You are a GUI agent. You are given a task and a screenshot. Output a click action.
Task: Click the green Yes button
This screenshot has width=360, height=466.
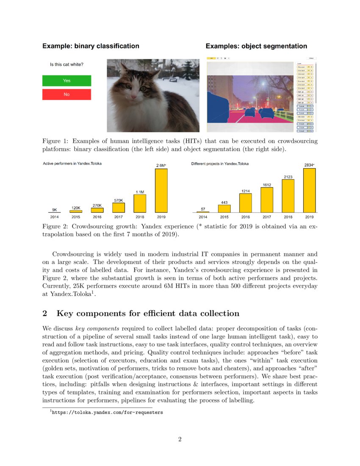pos(66,80)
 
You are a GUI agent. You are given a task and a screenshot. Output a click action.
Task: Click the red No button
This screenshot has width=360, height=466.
pos(66,94)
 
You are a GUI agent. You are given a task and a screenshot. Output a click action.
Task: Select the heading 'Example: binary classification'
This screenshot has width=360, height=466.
pos(91,46)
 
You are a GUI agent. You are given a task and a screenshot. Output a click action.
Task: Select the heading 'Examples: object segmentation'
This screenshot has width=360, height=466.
pos(256,46)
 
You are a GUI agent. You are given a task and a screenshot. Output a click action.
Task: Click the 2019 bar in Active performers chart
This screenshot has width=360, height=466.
pos(161,190)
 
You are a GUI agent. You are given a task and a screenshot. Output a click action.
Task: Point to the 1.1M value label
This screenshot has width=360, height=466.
pos(140,192)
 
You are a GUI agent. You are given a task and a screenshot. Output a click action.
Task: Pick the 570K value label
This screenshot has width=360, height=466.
pos(119,200)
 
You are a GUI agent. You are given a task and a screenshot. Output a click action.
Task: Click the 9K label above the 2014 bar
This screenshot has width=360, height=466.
pos(55,209)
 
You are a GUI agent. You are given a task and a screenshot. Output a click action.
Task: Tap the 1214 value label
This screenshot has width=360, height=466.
pos(246,191)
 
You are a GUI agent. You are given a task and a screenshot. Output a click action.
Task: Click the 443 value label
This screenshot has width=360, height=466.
pos(224,202)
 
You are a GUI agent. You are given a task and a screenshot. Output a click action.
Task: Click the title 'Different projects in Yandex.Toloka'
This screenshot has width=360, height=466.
pos(220,164)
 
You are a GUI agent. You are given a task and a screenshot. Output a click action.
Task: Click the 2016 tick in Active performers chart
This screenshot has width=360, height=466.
pos(97,216)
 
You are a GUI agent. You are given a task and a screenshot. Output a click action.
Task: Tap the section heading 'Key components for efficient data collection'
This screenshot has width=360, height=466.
pos(148,313)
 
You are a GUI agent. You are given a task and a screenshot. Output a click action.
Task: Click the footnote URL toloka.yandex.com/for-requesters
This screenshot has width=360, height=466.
pos(107,412)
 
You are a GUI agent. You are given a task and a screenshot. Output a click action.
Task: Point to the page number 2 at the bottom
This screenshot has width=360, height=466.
pos(180,439)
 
